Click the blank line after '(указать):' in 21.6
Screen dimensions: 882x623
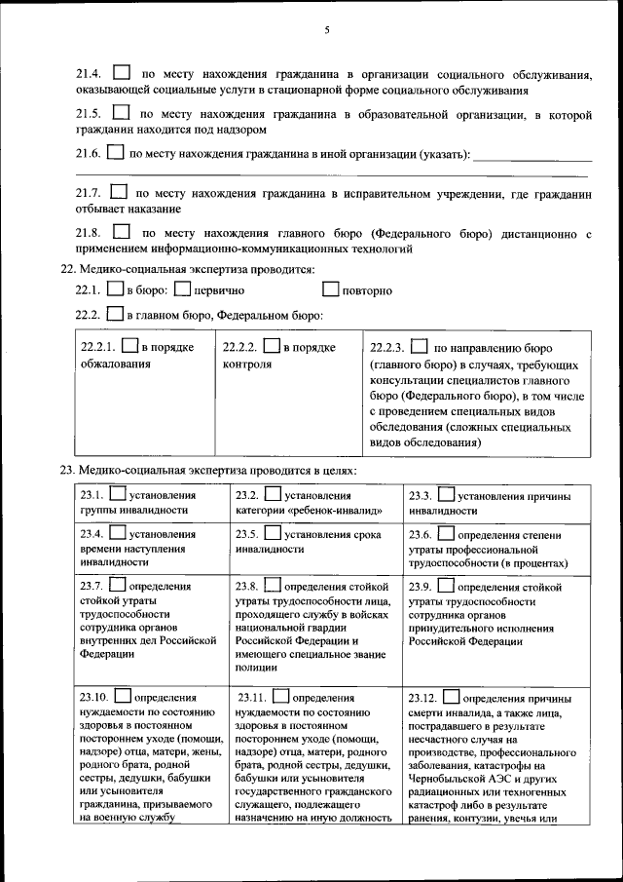coord(532,154)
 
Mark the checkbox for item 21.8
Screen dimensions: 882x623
coord(122,233)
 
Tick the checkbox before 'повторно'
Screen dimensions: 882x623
coord(330,289)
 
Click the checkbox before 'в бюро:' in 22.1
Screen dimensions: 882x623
coord(113,289)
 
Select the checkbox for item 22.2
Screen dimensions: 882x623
coord(114,315)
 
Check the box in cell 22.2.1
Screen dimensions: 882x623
coord(129,346)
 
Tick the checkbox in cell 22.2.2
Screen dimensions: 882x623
coord(272,346)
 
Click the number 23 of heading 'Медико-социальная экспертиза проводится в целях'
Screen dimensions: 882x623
coord(67,470)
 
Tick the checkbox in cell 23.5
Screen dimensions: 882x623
coord(273,533)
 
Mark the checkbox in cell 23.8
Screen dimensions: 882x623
coord(274,586)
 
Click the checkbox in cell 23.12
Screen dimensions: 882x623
coord(451,697)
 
